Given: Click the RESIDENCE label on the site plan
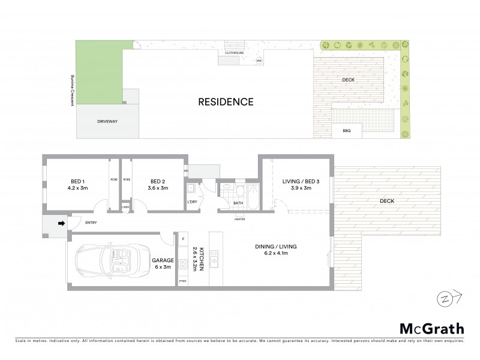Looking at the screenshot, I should [x=226, y=102].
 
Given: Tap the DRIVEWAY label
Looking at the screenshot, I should [x=107, y=121].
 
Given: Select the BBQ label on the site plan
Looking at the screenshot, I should [x=346, y=131].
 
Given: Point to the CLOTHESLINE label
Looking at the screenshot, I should [x=234, y=53].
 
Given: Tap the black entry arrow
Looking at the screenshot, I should [x=61, y=224].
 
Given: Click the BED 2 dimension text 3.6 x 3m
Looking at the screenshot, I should [x=157, y=188].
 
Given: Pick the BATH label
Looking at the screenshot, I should [x=238, y=203].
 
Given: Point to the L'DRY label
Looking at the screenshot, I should [x=192, y=202].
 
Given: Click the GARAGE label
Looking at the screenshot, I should [x=163, y=260].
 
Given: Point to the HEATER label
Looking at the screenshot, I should [x=240, y=218].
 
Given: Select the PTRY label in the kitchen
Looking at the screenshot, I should [x=183, y=281].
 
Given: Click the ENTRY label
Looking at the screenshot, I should [x=91, y=223].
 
